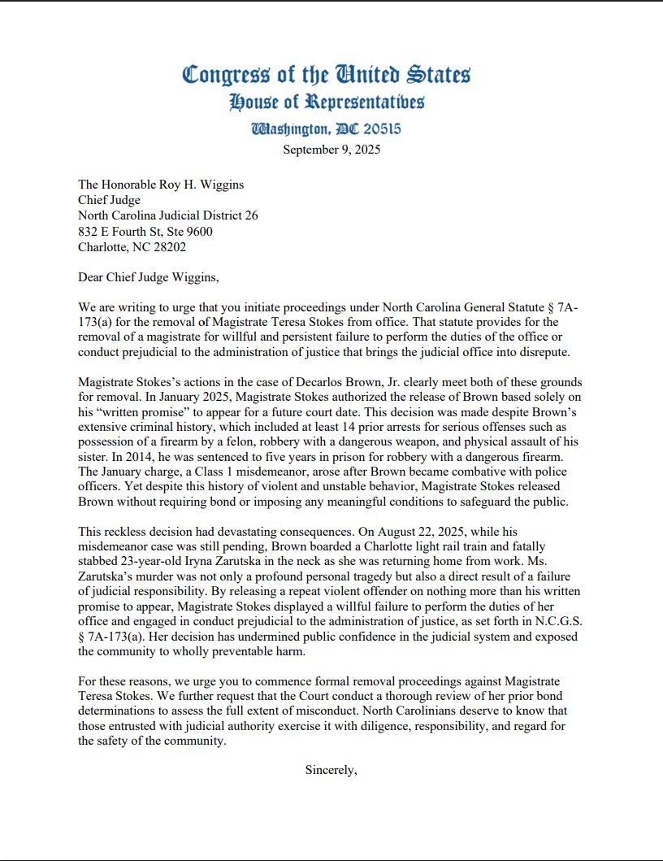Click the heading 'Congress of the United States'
(326, 75)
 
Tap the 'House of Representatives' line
(326, 102)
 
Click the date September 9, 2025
(331, 149)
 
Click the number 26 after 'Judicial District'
(251, 215)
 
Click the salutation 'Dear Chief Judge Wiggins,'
(149, 277)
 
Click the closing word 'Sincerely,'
(331, 769)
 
